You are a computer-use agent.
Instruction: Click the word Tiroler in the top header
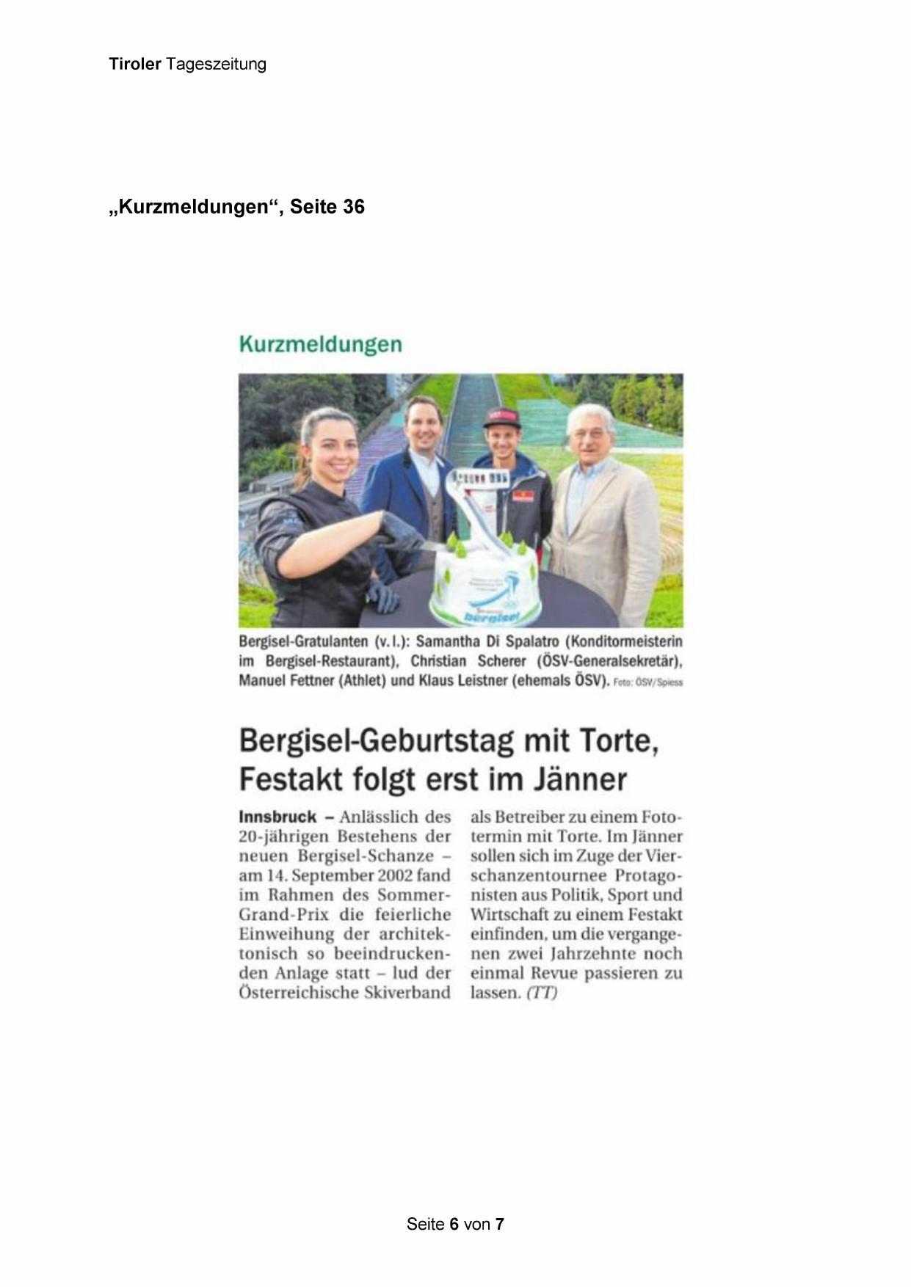134,64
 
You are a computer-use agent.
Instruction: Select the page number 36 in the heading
353,207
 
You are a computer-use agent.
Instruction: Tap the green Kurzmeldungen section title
320,344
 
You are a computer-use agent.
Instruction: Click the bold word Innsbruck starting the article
277,817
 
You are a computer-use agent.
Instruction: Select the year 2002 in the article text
396,875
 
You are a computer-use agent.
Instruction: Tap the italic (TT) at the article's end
542,993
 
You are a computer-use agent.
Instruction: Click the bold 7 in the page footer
500,1224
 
